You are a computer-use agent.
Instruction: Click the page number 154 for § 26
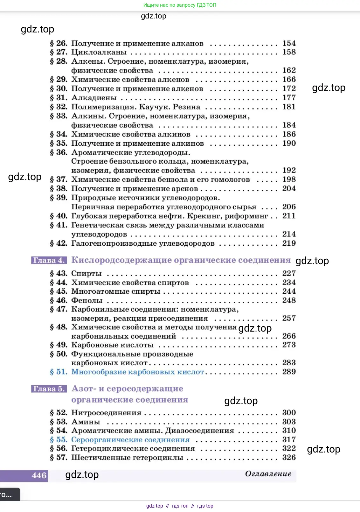[x=289, y=43]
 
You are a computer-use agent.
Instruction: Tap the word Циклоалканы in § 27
[x=99, y=52]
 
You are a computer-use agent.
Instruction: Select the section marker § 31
[x=59, y=98]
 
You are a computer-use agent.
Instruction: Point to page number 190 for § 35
[x=289, y=144]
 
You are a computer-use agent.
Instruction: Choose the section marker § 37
[x=59, y=179]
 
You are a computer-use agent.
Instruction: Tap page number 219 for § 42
[x=289, y=243]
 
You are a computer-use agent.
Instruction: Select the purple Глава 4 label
[x=49, y=260]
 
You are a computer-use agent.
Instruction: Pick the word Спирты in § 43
[x=87, y=273]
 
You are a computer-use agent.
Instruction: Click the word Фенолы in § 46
[x=87, y=300]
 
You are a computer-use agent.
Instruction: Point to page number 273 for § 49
[x=289, y=345]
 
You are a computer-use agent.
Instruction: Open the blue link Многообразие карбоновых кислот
[x=137, y=372]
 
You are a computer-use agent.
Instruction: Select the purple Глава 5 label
[x=49, y=389]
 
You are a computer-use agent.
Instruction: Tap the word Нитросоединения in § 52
[x=106, y=413]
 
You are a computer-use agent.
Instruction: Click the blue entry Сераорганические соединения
[x=130, y=440]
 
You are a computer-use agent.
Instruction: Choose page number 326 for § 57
[x=289, y=458]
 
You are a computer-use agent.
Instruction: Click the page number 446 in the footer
[x=39, y=476]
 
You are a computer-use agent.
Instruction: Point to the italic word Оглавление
[x=268, y=474]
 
